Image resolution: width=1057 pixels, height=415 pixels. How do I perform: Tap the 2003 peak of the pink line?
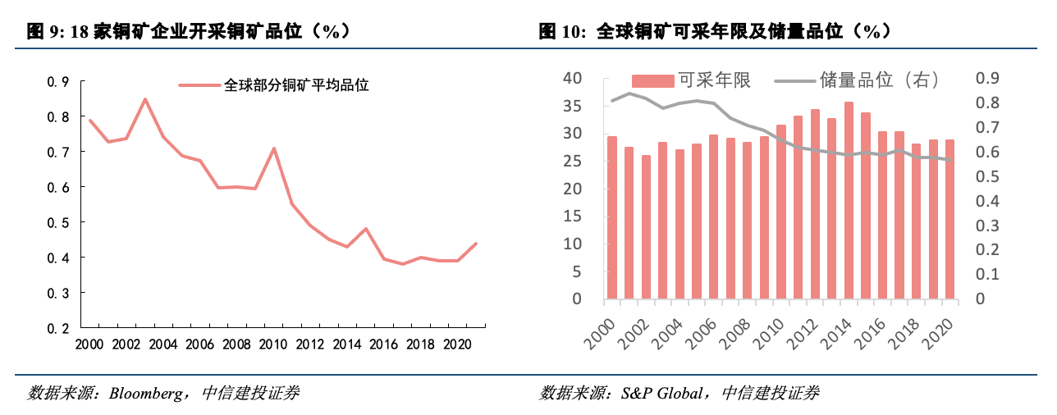[145, 99]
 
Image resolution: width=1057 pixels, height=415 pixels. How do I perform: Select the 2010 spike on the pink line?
[273, 148]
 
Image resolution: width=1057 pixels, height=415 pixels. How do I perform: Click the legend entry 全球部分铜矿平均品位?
[296, 84]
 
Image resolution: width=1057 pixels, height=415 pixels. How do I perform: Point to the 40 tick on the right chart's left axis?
[572, 79]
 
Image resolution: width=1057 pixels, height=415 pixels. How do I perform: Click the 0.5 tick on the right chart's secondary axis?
[987, 176]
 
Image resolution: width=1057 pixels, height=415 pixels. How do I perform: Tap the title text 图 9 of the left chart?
[43, 32]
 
